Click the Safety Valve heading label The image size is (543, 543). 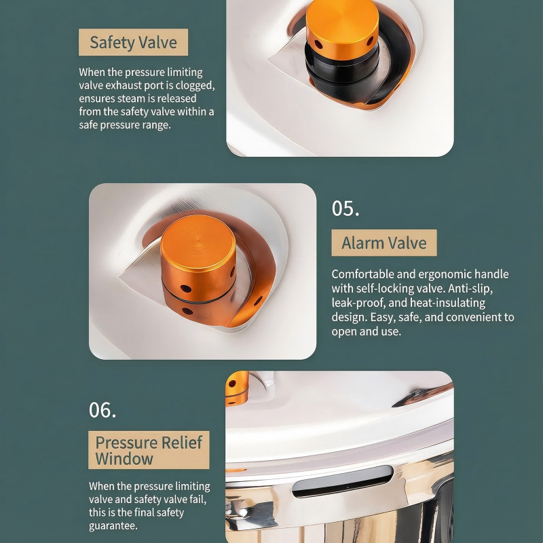tap(133, 42)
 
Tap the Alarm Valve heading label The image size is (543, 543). tap(384, 243)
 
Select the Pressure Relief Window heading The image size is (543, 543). tap(149, 450)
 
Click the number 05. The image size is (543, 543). tap(345, 208)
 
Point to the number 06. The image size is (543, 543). tap(102, 410)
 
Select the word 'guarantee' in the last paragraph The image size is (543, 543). tap(113, 525)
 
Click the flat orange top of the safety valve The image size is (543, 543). tap(342, 19)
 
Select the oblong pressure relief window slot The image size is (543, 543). tap(343, 481)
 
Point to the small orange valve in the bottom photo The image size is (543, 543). tap(237, 388)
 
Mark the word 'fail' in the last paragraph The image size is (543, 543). tap(198, 500)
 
